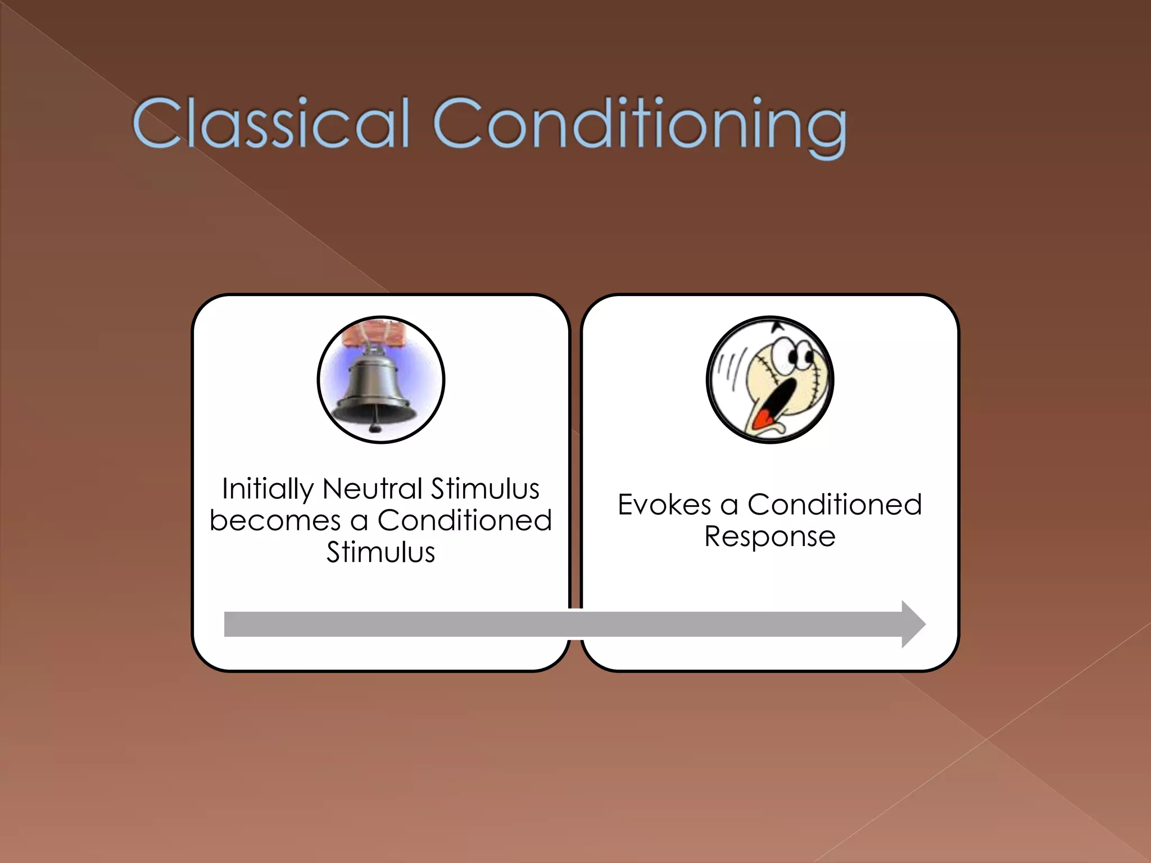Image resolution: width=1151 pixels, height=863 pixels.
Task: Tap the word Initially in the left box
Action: point(268,489)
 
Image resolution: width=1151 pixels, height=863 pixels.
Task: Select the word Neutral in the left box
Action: point(372,488)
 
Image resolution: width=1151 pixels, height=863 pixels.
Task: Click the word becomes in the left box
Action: point(275,521)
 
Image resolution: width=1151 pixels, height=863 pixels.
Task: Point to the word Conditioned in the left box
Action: point(464,520)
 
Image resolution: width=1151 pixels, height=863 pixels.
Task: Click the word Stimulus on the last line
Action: point(381,552)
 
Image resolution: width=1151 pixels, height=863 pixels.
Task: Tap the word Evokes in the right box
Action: point(664,505)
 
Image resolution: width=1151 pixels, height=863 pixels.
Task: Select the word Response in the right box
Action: point(769,537)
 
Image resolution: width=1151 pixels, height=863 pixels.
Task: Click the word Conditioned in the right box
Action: point(834,505)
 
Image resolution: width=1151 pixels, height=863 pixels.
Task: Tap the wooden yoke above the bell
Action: point(382,331)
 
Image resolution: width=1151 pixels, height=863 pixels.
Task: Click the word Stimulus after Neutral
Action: point(485,488)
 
